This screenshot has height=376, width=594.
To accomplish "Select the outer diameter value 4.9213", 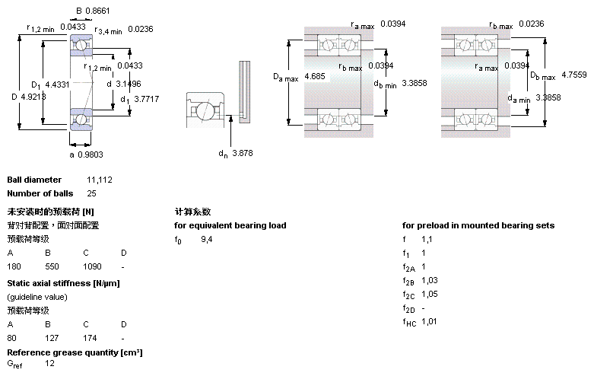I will coord(34,97).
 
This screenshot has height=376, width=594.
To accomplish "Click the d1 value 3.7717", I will coord(146,98).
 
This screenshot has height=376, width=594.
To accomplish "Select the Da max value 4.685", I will coord(314,77).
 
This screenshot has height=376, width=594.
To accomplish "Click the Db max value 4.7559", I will coord(573,75).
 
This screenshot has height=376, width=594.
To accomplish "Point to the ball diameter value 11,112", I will coord(100,180).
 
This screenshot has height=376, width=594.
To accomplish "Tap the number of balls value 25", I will coord(91,193).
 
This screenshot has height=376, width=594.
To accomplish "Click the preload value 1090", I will coord(91,267).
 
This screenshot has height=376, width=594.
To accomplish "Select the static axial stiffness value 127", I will coord(52,337).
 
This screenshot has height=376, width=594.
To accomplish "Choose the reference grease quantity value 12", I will coord(49,364).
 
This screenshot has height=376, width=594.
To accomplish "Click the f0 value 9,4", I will coord(206,240).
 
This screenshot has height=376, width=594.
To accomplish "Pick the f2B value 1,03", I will coord(430,281).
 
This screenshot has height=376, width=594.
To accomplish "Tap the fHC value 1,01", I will coord(430,321).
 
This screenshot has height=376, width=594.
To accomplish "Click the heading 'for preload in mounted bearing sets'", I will coord(478,225).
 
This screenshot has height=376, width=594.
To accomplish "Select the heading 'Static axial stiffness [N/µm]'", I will coord(63,283).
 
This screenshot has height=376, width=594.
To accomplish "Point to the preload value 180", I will coord(14,267).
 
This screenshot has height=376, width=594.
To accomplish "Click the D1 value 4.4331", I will coord(58,84).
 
